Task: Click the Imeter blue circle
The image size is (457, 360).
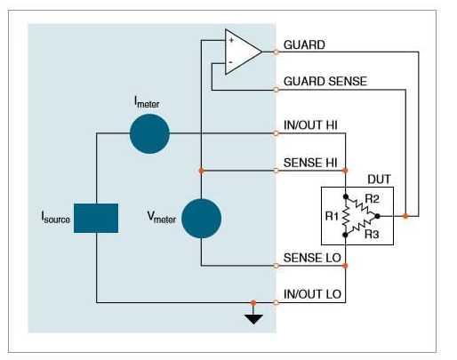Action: pyautogui.click(x=149, y=133)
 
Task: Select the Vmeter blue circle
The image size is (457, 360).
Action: pyautogui.click(x=201, y=219)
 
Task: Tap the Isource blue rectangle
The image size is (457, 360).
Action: pyautogui.click(x=96, y=218)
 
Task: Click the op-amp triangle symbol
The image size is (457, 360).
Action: pyautogui.click(x=244, y=52)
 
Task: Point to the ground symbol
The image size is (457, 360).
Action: pyautogui.click(x=253, y=319)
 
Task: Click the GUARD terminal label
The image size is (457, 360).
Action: pyautogui.click(x=304, y=45)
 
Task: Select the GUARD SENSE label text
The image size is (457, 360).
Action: pyautogui.click(x=325, y=81)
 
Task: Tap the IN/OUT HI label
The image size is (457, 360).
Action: pyautogui.click(x=310, y=125)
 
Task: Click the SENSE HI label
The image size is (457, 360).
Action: pyautogui.click(x=310, y=163)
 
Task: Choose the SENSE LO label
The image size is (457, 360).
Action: pyautogui.click(x=312, y=258)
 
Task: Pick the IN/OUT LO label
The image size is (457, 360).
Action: pyautogui.click(x=312, y=294)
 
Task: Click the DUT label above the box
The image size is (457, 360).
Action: pyautogui.click(x=379, y=180)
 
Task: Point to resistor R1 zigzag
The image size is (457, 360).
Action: pyautogui.click(x=346, y=216)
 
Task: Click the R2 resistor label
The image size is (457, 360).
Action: pyautogui.click(x=372, y=199)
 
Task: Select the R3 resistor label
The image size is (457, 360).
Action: pyautogui.click(x=372, y=234)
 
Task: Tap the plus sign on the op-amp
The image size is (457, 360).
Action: pyautogui.click(x=231, y=40)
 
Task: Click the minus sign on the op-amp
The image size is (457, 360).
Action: pyautogui.click(x=230, y=62)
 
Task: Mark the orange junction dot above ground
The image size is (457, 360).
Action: pyautogui.click(x=253, y=302)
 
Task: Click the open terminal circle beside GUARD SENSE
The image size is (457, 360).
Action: pyautogui.click(x=276, y=90)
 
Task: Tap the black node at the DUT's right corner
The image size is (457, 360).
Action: pyautogui.click(x=377, y=216)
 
